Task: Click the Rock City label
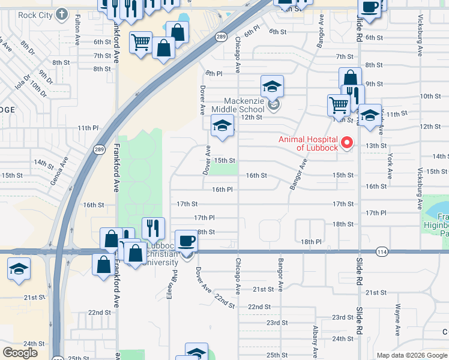35,15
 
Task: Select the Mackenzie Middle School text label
244,105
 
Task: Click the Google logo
20,353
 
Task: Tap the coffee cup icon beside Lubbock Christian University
187,241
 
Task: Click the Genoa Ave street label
59,170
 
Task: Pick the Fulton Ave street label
78,32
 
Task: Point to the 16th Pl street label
222,190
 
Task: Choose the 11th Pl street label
88,128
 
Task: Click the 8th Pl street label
214,73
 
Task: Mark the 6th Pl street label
252,28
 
